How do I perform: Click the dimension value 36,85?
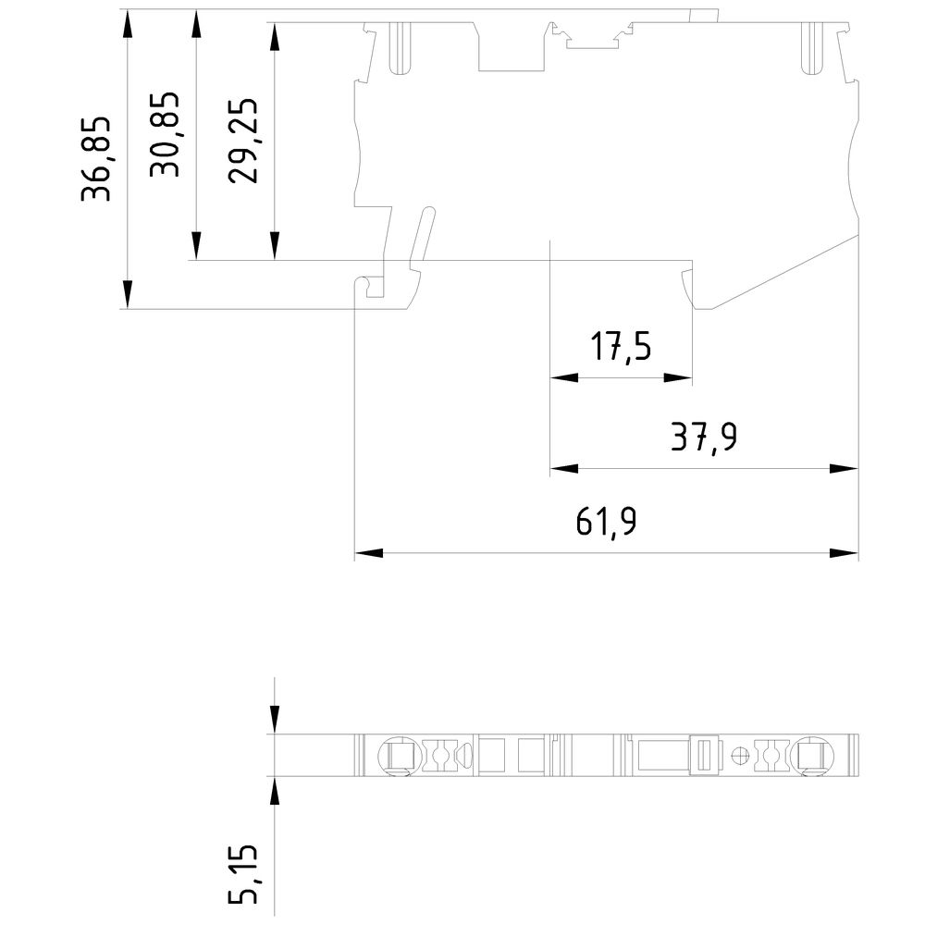tap(96, 158)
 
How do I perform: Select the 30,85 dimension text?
tap(167, 134)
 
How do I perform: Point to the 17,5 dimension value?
tap(622, 348)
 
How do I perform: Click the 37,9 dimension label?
tap(704, 436)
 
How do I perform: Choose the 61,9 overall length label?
tap(606, 523)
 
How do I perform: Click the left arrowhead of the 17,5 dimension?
tap(563, 378)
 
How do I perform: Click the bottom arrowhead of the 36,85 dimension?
tap(128, 295)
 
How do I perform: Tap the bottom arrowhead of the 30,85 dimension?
tap(196, 247)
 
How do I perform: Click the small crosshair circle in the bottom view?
tap(738, 756)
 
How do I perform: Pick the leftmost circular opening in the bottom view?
tap(398, 756)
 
